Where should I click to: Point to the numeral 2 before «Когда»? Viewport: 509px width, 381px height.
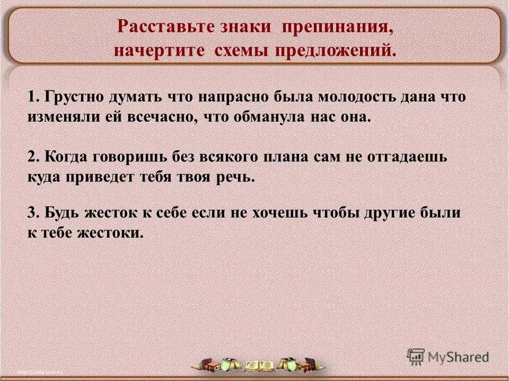pos(31,158)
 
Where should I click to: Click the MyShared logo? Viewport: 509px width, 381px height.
pos(449,356)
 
